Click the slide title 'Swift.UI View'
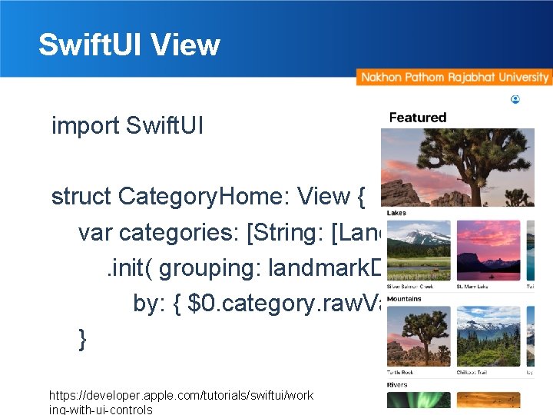129,45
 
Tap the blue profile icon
515,99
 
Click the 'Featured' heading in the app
417,118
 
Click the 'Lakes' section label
397,213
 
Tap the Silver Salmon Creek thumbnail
419,248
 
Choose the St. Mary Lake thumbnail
488,248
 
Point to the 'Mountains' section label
404,298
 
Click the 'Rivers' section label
397,383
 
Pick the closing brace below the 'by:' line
82,339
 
